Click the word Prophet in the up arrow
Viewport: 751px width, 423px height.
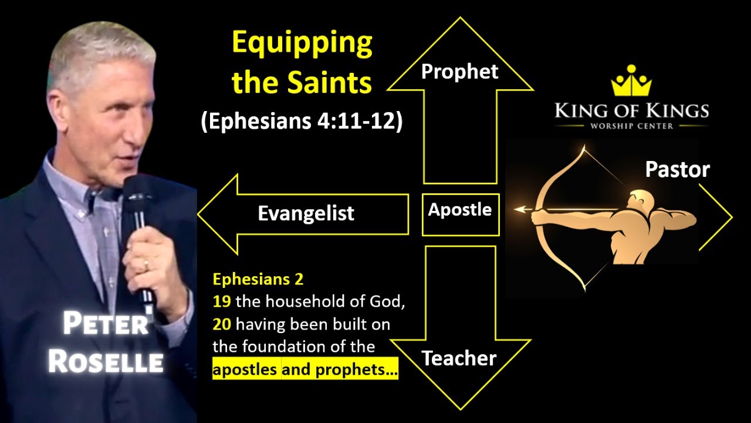(460, 71)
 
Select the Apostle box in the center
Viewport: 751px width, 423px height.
(460, 210)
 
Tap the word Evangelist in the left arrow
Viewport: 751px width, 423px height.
(306, 213)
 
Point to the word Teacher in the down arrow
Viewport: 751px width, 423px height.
(459, 358)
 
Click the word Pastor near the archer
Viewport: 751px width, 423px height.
(677, 170)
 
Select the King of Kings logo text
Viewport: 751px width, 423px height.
(631, 110)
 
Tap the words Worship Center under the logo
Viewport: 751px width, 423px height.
(631, 126)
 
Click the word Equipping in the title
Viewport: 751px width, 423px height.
(302, 44)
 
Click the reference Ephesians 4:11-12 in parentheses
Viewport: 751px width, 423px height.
(302, 123)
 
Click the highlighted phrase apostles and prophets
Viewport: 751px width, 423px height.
(305, 370)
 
